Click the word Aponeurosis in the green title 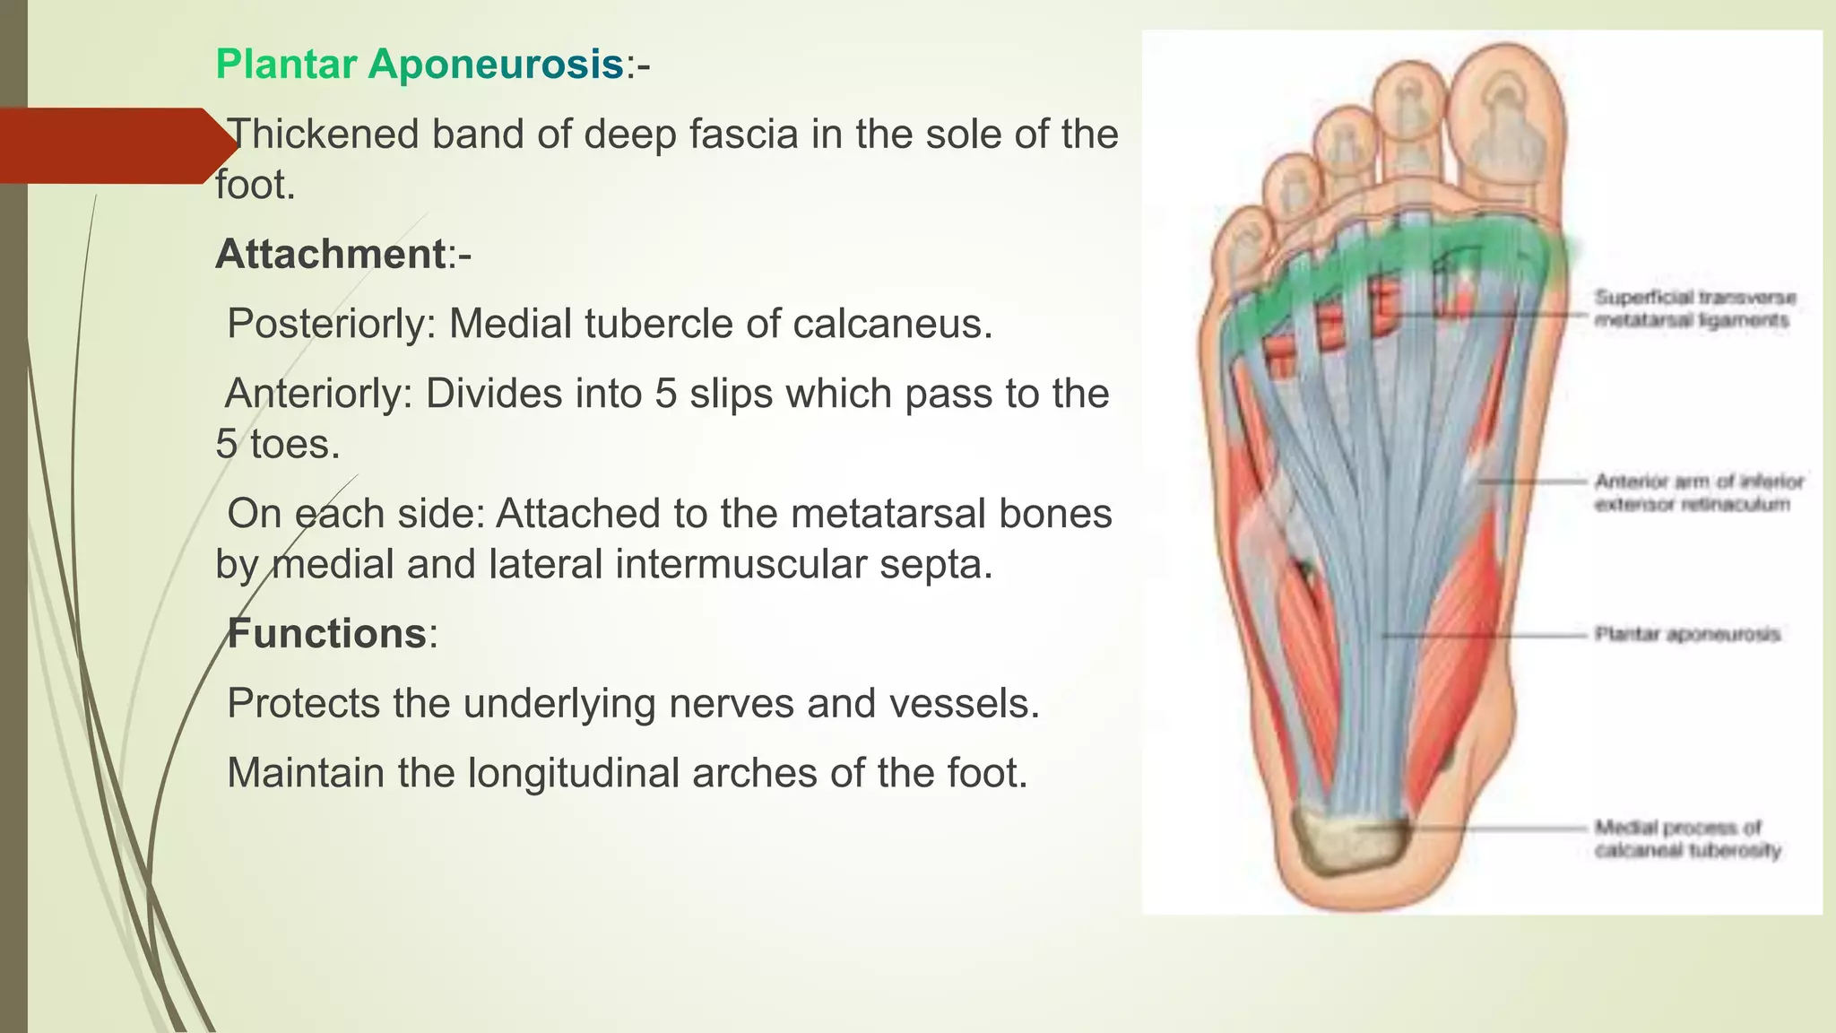(495, 65)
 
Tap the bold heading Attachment (330, 255)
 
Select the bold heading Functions (326, 634)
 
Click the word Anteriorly (317, 394)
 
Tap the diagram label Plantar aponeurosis (1686, 635)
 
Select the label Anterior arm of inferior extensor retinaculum (1697, 492)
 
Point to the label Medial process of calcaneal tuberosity (1686, 838)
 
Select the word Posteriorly (330, 324)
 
